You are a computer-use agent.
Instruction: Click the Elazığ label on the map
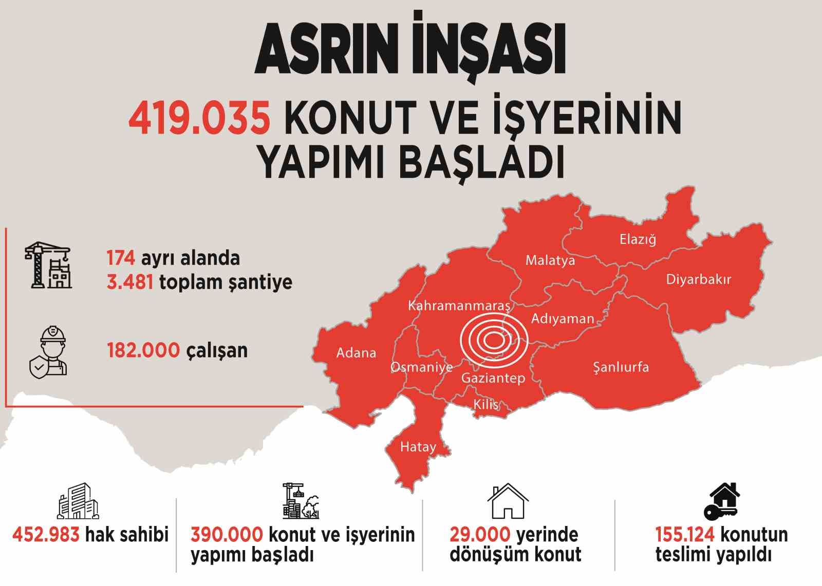638,239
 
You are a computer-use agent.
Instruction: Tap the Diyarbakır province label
698,280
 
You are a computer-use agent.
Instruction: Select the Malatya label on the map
550,261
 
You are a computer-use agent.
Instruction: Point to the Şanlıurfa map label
621,367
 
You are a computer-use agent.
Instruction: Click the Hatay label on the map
418,447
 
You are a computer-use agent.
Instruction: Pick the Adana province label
356,353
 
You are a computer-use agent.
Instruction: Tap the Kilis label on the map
485,404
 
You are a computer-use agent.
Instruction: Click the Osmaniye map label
421,367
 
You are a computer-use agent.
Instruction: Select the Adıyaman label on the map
563,319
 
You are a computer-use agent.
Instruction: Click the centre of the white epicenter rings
494,340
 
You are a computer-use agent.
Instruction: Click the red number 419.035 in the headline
199,118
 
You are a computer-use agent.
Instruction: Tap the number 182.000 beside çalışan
143,350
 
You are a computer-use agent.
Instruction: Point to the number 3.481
129,282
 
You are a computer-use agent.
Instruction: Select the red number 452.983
46,535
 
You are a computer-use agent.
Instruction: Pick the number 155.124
684,535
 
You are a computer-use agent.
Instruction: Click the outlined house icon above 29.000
508,501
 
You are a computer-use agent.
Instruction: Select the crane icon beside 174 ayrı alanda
48,266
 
